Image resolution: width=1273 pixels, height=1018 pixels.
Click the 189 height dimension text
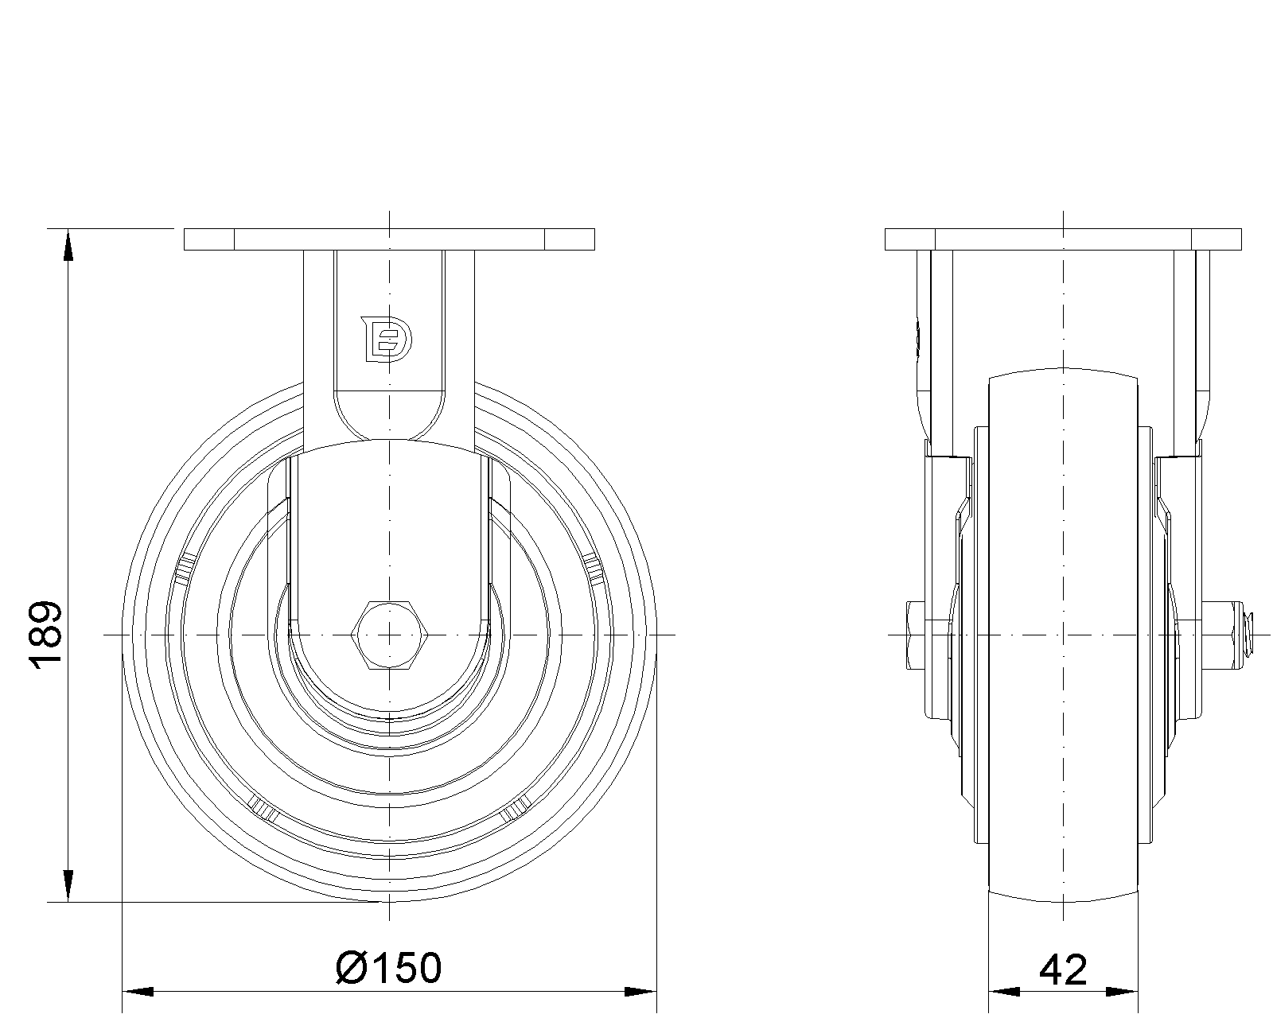46,635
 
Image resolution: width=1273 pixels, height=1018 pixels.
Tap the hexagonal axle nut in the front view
388,635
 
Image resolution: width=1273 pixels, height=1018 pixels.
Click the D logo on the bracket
387,340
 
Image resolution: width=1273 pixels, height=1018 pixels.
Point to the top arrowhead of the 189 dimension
68,244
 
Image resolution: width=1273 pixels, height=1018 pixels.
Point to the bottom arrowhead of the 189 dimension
68,886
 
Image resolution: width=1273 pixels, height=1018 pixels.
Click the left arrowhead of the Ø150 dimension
138,992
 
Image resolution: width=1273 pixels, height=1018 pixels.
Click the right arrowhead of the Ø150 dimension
640,992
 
